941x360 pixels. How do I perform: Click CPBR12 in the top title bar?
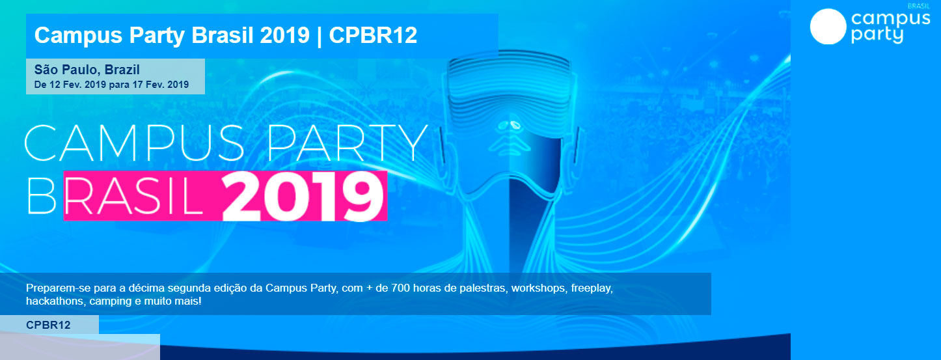click(373, 35)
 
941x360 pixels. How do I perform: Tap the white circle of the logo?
click(828, 27)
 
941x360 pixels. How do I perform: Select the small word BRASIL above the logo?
click(919, 7)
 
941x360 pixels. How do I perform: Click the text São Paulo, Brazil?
click(87, 69)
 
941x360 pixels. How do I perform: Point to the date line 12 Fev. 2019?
click(77, 85)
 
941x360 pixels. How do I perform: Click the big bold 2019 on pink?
click(303, 196)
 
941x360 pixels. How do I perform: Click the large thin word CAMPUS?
click(135, 143)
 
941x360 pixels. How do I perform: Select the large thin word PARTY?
click(348, 143)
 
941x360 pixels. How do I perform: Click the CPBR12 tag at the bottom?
click(48, 325)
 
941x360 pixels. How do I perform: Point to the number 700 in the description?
click(401, 288)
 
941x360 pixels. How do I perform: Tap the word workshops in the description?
click(538, 288)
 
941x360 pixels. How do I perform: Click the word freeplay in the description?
click(592, 288)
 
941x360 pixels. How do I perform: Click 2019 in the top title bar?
click(285, 35)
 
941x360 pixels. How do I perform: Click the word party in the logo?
click(877, 35)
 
